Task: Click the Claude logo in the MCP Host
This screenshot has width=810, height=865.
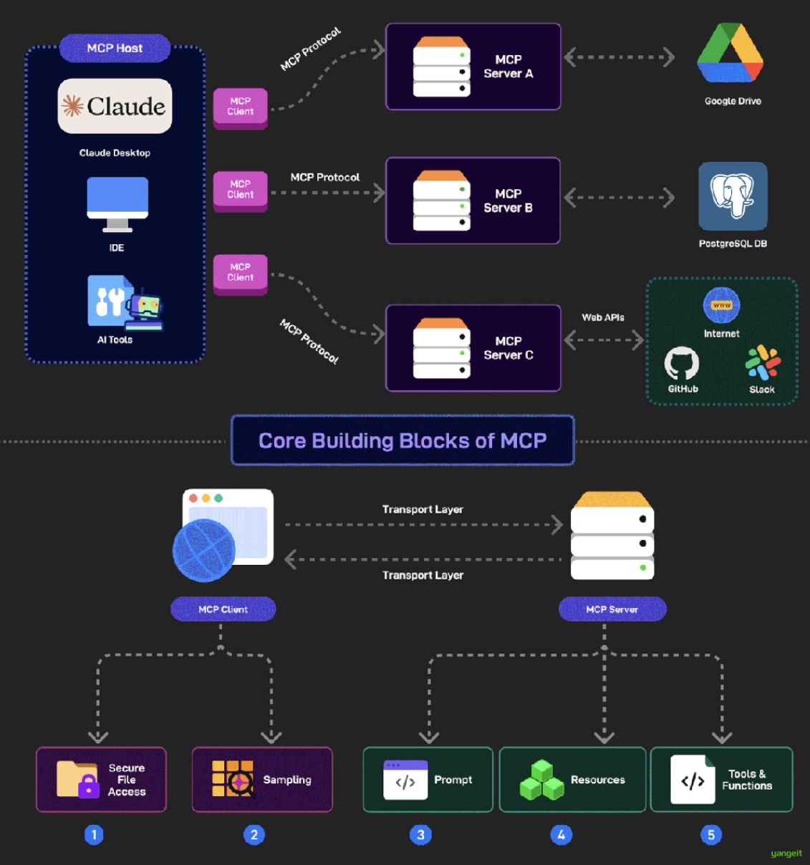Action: pyautogui.click(x=115, y=106)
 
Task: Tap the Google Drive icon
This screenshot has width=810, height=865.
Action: pyautogui.click(x=730, y=53)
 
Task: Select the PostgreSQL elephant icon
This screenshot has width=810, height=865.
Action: pyautogui.click(x=733, y=195)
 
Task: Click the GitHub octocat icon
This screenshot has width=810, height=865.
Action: pyautogui.click(x=681, y=363)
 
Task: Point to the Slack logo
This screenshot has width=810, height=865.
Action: pyautogui.click(x=763, y=362)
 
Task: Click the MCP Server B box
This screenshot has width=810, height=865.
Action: pyautogui.click(x=473, y=200)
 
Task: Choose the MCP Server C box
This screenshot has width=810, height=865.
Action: pyautogui.click(x=473, y=348)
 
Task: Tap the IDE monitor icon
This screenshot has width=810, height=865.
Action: pyautogui.click(x=117, y=204)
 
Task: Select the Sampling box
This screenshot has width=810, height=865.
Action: pyautogui.click(x=262, y=780)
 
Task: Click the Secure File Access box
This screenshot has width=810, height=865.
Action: pyautogui.click(x=101, y=780)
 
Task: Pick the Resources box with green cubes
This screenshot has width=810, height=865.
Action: pyautogui.click(x=572, y=780)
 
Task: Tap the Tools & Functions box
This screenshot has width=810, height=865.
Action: pyautogui.click(x=721, y=780)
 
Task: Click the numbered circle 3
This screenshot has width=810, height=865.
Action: pyautogui.click(x=420, y=835)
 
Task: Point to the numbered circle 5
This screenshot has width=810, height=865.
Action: pyautogui.click(x=710, y=835)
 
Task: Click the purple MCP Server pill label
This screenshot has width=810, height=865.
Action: pyautogui.click(x=612, y=609)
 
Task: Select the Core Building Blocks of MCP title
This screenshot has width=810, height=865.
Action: pyautogui.click(x=402, y=440)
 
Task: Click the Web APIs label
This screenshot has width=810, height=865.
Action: pyautogui.click(x=603, y=317)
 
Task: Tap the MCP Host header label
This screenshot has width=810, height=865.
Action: pyautogui.click(x=115, y=48)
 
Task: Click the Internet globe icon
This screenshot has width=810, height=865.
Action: pyautogui.click(x=721, y=306)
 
